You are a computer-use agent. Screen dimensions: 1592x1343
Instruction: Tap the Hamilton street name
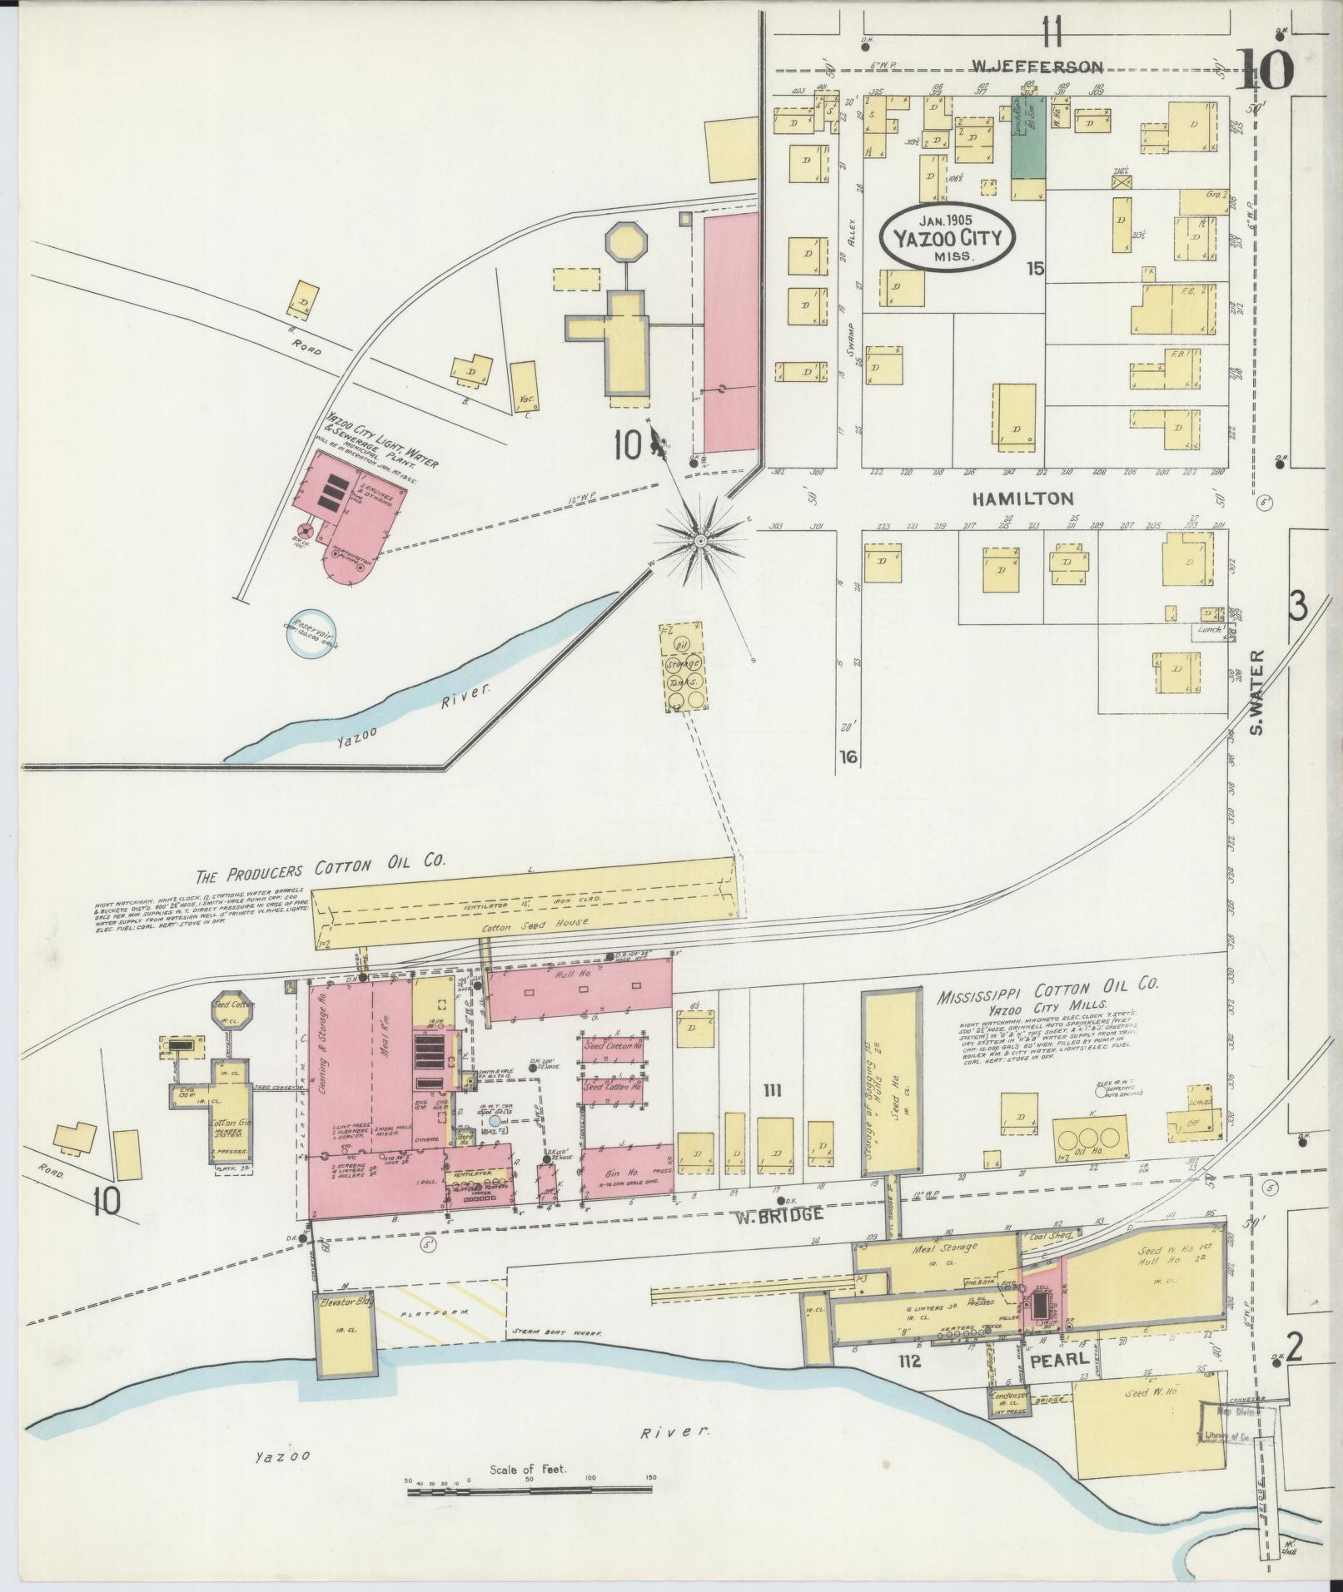(1022, 498)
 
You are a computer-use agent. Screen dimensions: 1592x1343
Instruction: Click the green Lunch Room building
(1028, 137)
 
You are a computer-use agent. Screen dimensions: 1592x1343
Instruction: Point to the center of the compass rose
(701, 541)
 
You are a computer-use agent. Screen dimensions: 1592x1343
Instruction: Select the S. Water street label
(1256, 692)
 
